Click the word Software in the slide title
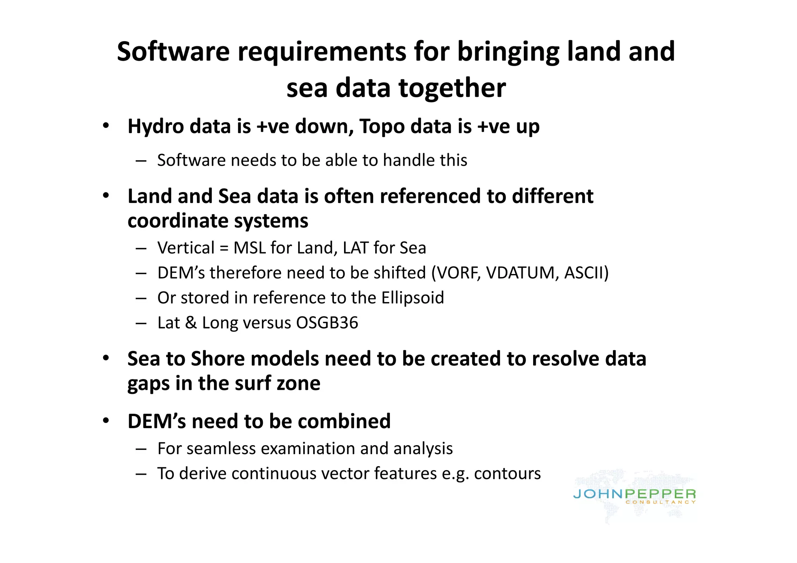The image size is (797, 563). (173, 52)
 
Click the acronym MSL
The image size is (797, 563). (249, 248)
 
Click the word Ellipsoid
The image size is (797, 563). (413, 298)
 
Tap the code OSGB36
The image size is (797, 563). (327, 323)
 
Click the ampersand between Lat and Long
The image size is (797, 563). (191, 323)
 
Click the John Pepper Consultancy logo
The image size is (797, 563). (634, 496)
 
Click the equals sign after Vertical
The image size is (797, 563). (224, 248)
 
